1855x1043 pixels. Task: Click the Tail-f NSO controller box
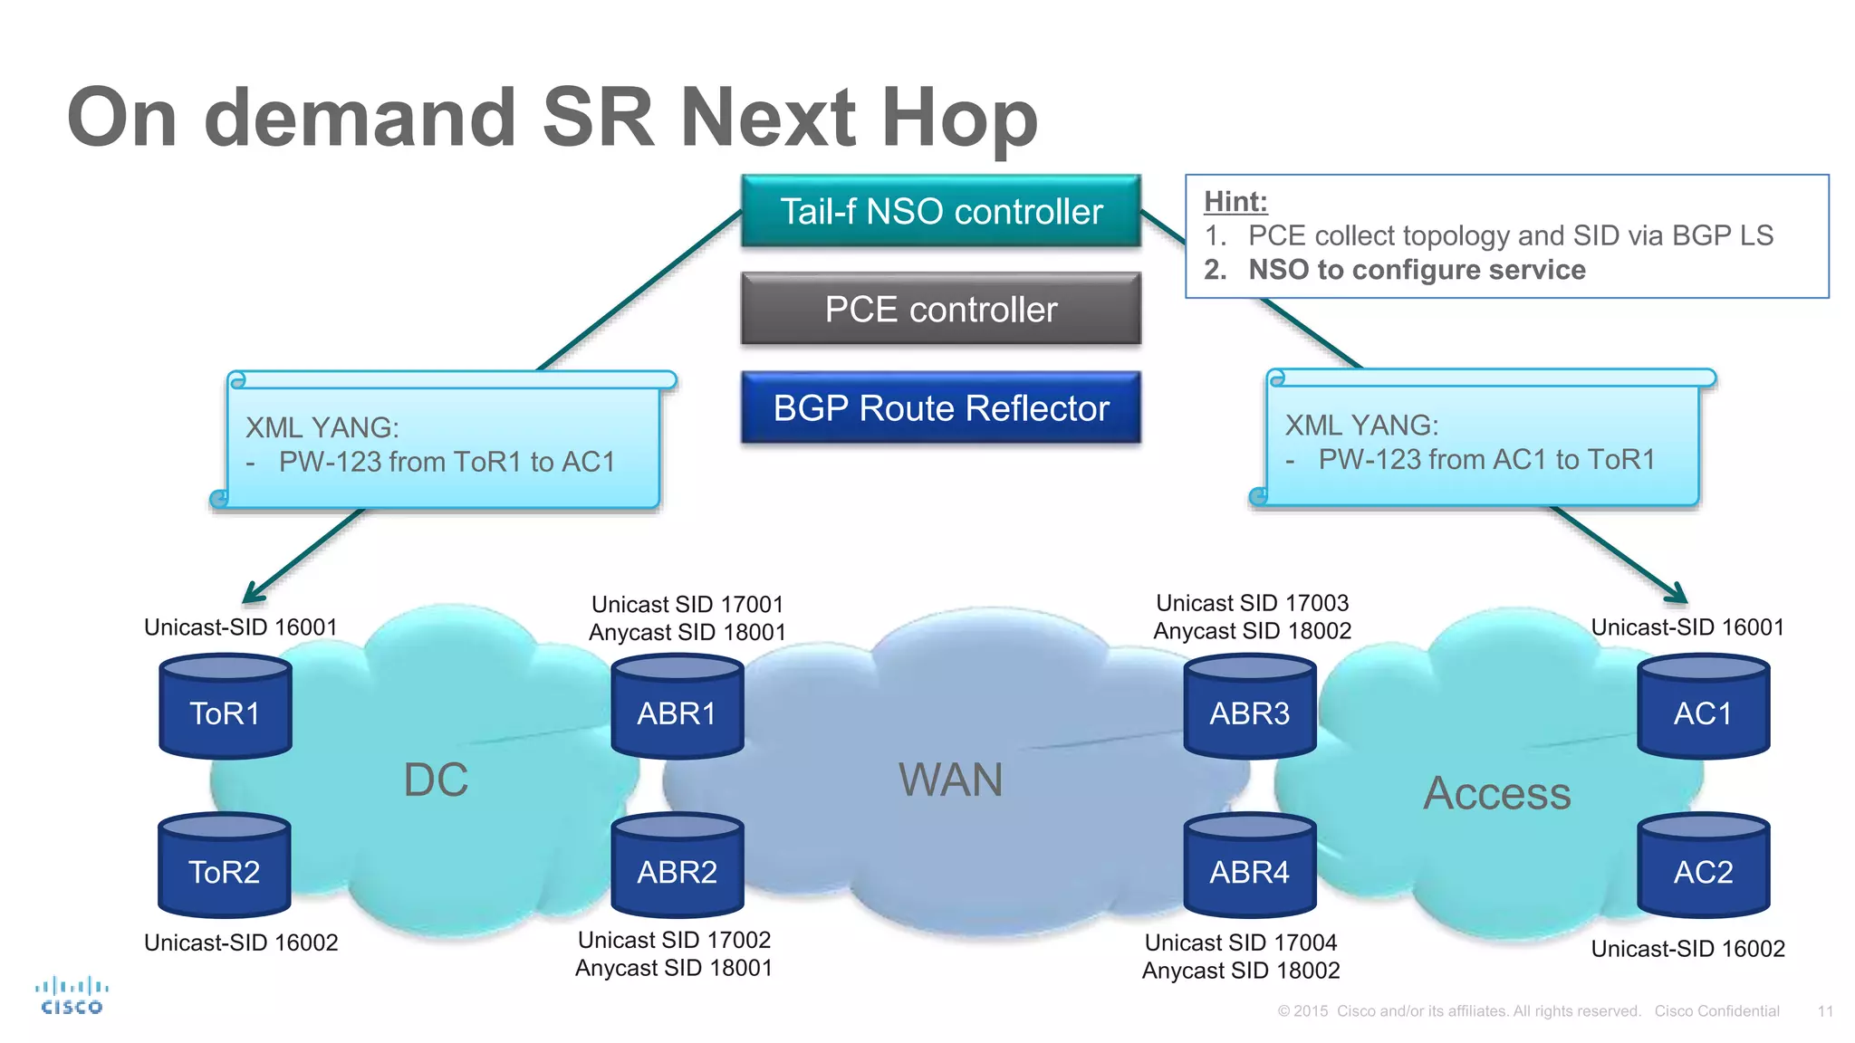pos(940,211)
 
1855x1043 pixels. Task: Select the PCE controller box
pos(940,309)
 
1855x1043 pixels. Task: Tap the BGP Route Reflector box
pos(940,407)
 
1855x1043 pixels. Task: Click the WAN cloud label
pos(950,780)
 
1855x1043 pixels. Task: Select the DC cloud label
pos(436,780)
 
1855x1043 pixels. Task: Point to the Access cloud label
pos(1496,793)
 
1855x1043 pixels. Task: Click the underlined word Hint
pos(1235,201)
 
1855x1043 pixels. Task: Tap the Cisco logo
pos(72,995)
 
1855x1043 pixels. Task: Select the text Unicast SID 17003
pos(1252,603)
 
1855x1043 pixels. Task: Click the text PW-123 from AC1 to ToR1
pos(1485,459)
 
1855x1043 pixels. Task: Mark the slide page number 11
pos(1825,1011)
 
